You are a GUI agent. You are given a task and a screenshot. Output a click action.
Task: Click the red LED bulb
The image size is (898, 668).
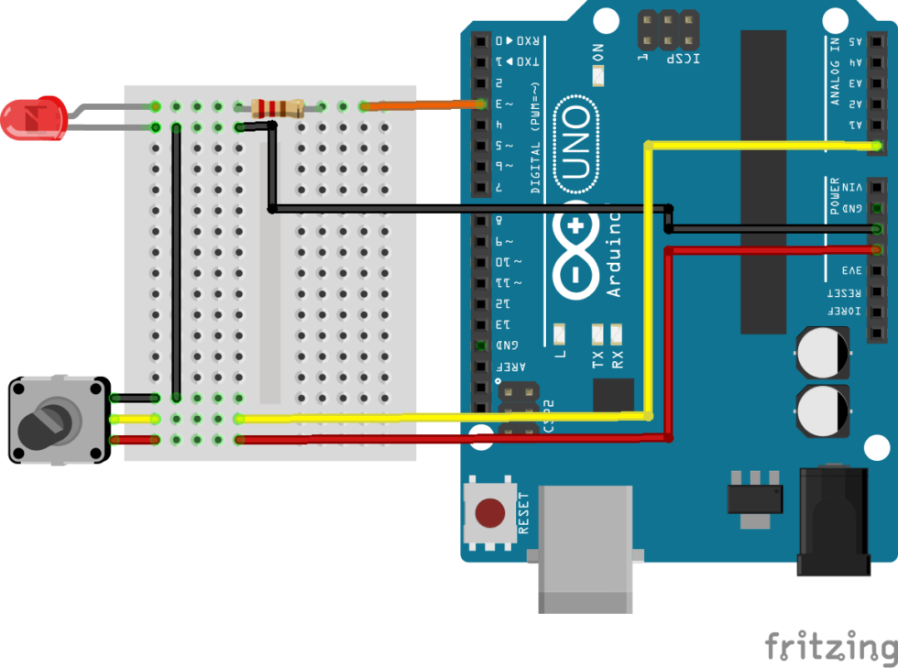tap(33, 119)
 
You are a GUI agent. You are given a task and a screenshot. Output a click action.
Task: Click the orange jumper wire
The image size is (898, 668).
tap(422, 106)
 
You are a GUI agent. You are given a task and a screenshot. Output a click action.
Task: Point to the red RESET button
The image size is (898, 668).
tap(493, 513)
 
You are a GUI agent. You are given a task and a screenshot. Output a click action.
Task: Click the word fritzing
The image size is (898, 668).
tap(830, 645)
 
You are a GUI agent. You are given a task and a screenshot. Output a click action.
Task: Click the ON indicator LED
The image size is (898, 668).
tap(598, 76)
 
